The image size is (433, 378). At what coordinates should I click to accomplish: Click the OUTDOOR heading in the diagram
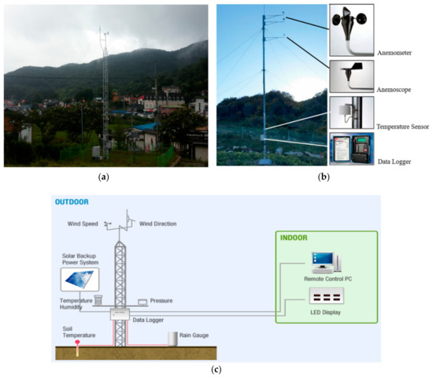click(x=72, y=202)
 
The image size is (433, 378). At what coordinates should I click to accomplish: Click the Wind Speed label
click(x=84, y=224)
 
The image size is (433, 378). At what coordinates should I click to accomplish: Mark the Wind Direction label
click(x=158, y=224)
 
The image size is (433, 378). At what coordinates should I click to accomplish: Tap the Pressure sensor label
click(x=161, y=301)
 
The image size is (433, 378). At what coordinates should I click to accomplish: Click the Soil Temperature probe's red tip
click(x=77, y=343)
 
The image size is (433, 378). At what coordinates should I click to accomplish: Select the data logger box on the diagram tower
click(x=120, y=313)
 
